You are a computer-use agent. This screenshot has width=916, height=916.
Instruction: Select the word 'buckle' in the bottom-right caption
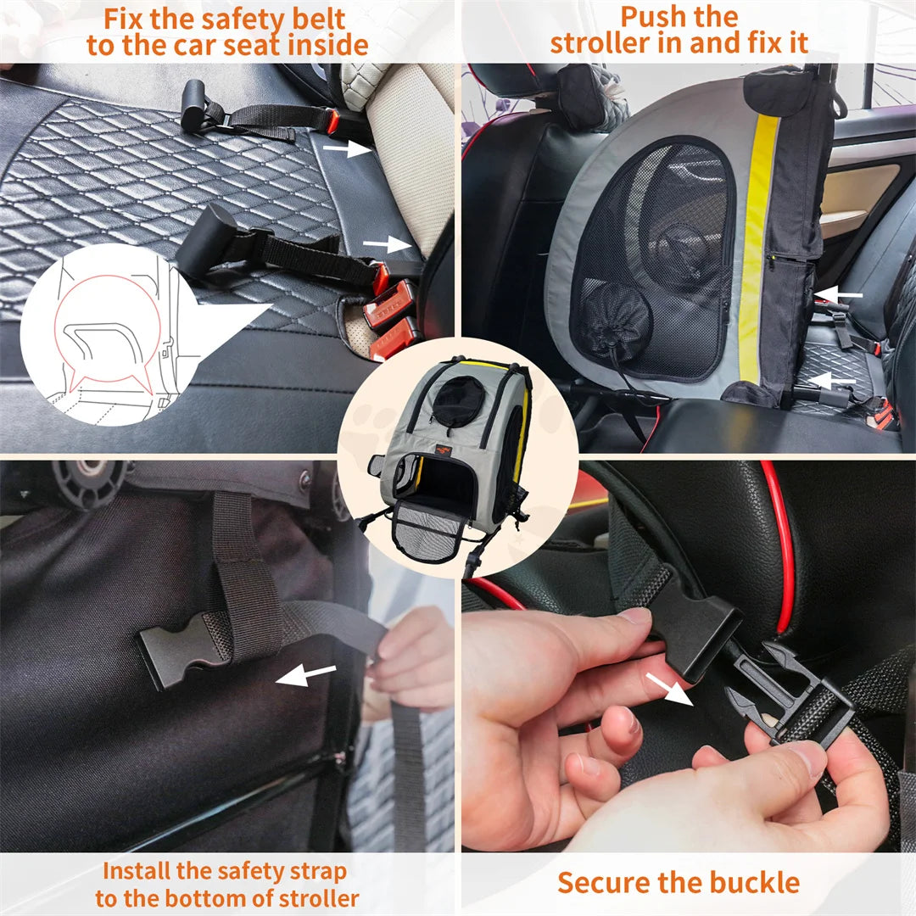pos(753,882)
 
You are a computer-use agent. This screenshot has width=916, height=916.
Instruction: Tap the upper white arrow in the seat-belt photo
pos(347,148)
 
